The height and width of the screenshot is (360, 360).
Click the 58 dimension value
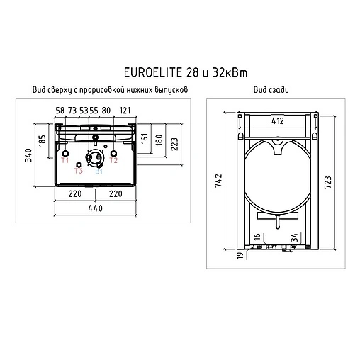tap(60, 110)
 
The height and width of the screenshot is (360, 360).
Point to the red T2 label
tap(113, 162)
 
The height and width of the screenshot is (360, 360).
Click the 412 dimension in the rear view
tap(277, 121)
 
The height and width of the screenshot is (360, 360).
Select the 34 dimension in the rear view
tap(294, 236)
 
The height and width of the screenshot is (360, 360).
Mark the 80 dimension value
tap(106, 110)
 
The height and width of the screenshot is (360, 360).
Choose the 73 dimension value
tap(72, 110)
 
